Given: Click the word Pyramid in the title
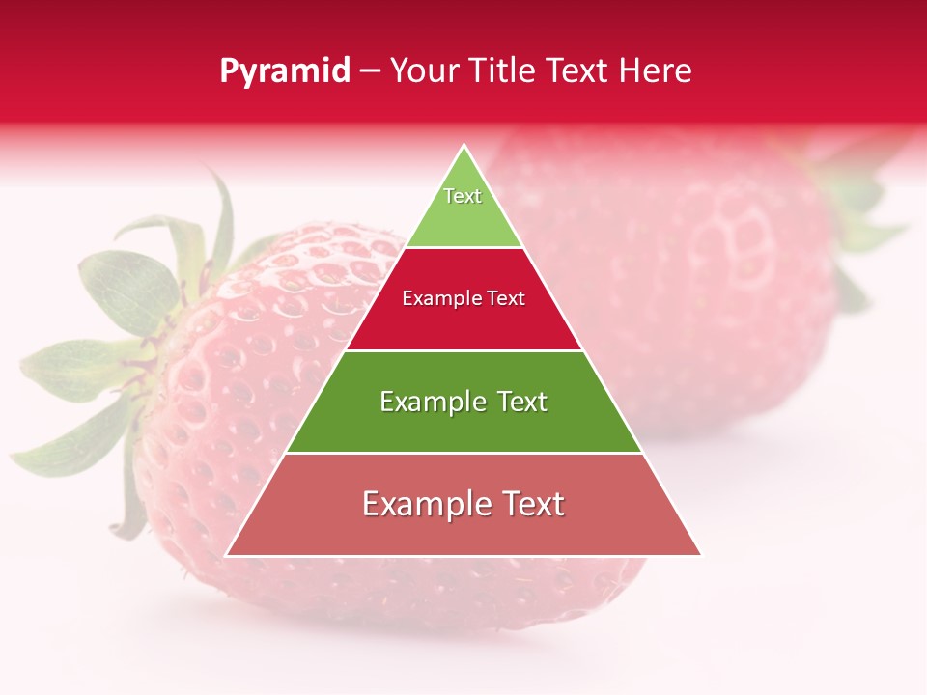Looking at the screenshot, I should pyautogui.click(x=285, y=71).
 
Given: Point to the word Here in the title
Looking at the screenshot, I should pyautogui.click(x=656, y=71).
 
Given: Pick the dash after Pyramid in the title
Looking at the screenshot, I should pyautogui.click(x=370, y=72).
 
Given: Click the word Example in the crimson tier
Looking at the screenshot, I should pyautogui.click(x=439, y=299).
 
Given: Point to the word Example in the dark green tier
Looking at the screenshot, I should pyautogui.click(x=431, y=402).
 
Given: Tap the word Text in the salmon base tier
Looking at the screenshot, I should pyautogui.click(x=532, y=504).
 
